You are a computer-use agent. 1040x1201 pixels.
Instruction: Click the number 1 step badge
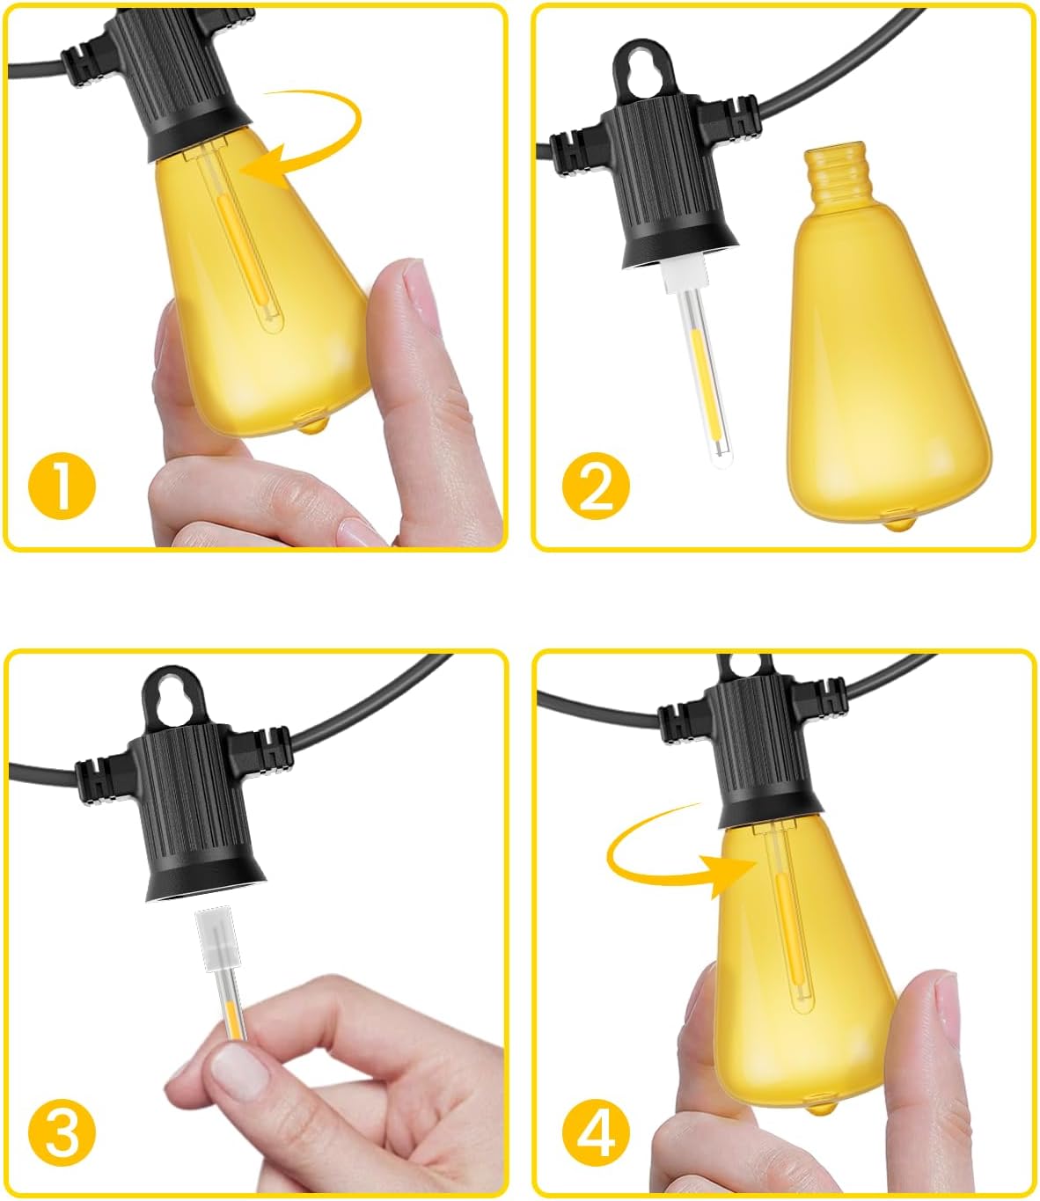(62, 486)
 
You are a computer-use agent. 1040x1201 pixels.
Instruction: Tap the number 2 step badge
(596, 486)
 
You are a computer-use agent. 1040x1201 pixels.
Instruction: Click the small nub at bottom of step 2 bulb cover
(897, 524)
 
